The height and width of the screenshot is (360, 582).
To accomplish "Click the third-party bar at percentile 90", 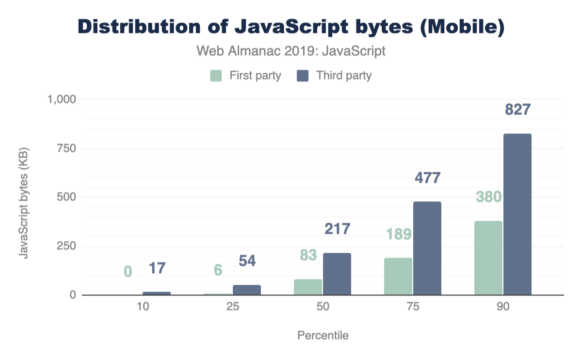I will pos(517,214).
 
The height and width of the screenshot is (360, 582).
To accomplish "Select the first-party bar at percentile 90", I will pos(488,258).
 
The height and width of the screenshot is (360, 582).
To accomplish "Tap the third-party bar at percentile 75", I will pos(427,248).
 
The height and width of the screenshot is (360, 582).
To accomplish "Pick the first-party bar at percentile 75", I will pos(398,276).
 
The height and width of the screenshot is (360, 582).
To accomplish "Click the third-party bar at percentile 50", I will pos(337,274).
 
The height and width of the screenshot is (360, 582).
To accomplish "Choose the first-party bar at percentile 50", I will pos(308,287).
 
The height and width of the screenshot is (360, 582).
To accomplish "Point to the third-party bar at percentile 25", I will pos(247,290).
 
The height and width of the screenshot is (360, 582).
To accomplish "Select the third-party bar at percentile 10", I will pos(157,293).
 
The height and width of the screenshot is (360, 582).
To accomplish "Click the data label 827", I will pos(518,110).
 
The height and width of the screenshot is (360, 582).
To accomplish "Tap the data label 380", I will pos(488,196).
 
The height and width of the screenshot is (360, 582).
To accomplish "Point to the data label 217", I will pos(337,229).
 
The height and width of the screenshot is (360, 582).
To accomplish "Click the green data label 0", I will pos(128,271).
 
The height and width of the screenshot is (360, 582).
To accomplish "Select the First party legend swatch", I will pos(216,76).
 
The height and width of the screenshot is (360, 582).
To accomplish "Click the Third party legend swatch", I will pos(303,76).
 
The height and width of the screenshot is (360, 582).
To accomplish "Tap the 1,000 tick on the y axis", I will pos(61,99).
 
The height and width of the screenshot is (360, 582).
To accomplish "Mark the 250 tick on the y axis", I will pos(66,246).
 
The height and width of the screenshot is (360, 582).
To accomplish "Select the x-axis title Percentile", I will pos(323,335).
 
